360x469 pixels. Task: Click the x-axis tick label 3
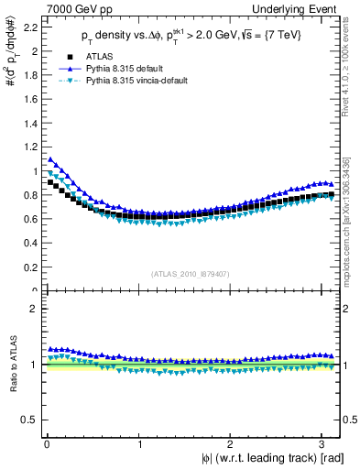325,444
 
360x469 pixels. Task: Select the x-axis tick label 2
233,444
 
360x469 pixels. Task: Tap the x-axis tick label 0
47,444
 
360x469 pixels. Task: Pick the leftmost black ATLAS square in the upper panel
50,182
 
